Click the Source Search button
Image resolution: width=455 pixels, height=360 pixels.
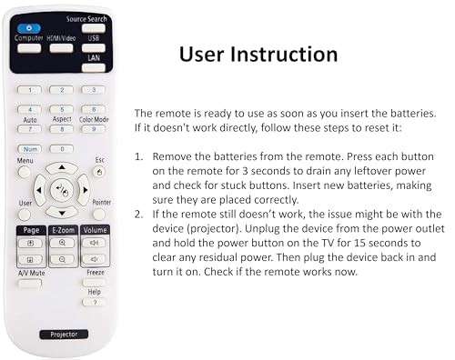pos(93,28)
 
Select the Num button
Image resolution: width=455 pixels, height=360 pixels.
pos(30,148)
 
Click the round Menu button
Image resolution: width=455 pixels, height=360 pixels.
pos(25,171)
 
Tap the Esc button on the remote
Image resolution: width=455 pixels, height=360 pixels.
pos(97,171)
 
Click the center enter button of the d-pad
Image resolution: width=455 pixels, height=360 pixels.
pos(61,190)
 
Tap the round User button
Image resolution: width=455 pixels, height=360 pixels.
pos(25,215)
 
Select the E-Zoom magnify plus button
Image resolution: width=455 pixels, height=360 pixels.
pos(62,244)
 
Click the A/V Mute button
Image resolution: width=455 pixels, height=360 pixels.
pos(29,283)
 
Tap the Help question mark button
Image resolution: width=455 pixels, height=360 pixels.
pos(95,302)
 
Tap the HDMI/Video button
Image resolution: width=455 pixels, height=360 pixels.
pos(61,47)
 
